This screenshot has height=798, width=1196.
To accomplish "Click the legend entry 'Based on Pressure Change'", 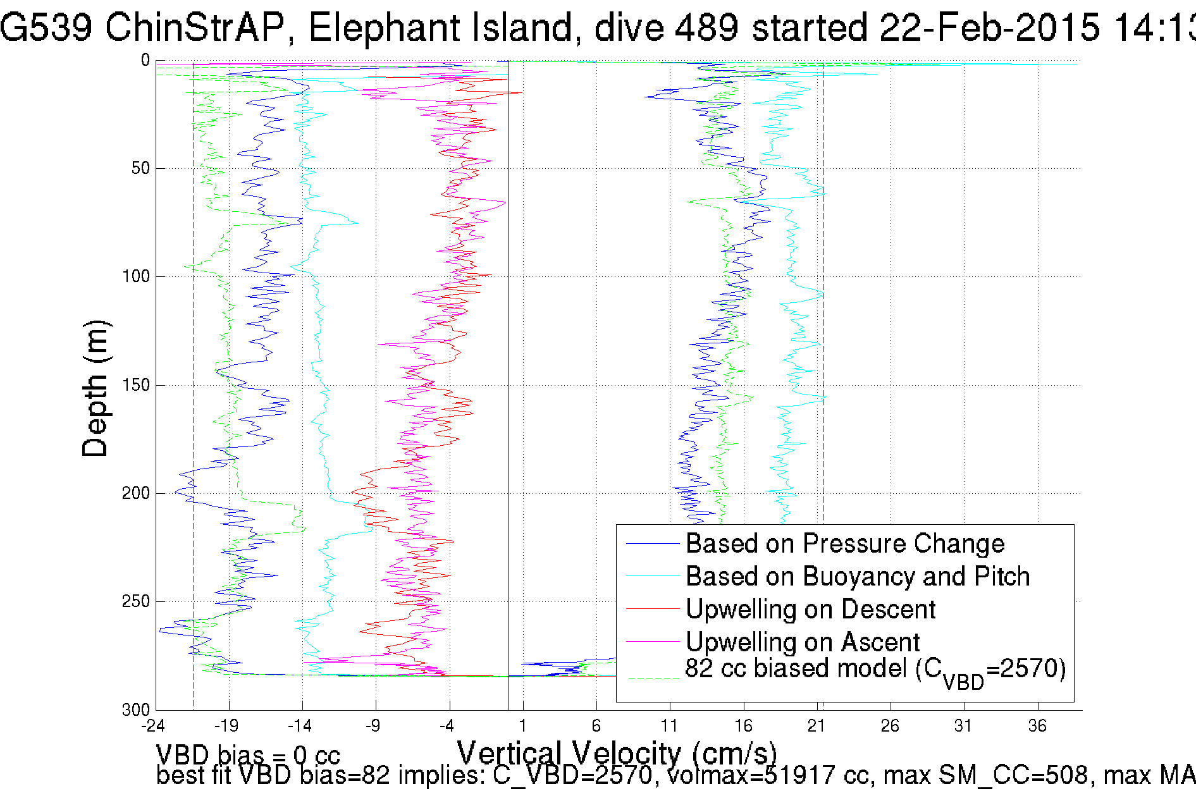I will (x=845, y=544).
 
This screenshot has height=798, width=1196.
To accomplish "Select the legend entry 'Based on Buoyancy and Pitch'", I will (x=858, y=577).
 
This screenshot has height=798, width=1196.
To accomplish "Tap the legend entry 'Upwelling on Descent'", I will (x=810, y=610).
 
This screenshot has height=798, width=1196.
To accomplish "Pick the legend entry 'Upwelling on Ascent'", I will (x=803, y=642).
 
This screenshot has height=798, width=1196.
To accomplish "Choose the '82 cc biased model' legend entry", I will (x=875, y=670).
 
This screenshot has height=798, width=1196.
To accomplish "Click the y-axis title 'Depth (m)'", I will (x=96, y=388).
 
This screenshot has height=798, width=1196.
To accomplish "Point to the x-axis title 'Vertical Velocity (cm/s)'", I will (x=617, y=753).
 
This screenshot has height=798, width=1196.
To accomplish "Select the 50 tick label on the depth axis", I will (x=140, y=168).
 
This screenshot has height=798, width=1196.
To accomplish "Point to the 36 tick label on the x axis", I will (x=1037, y=726).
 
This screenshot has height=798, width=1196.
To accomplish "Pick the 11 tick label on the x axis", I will (x=669, y=726).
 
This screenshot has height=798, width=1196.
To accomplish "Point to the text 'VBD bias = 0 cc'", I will (x=248, y=755).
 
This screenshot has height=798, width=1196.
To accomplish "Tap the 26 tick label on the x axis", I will (x=890, y=726).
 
